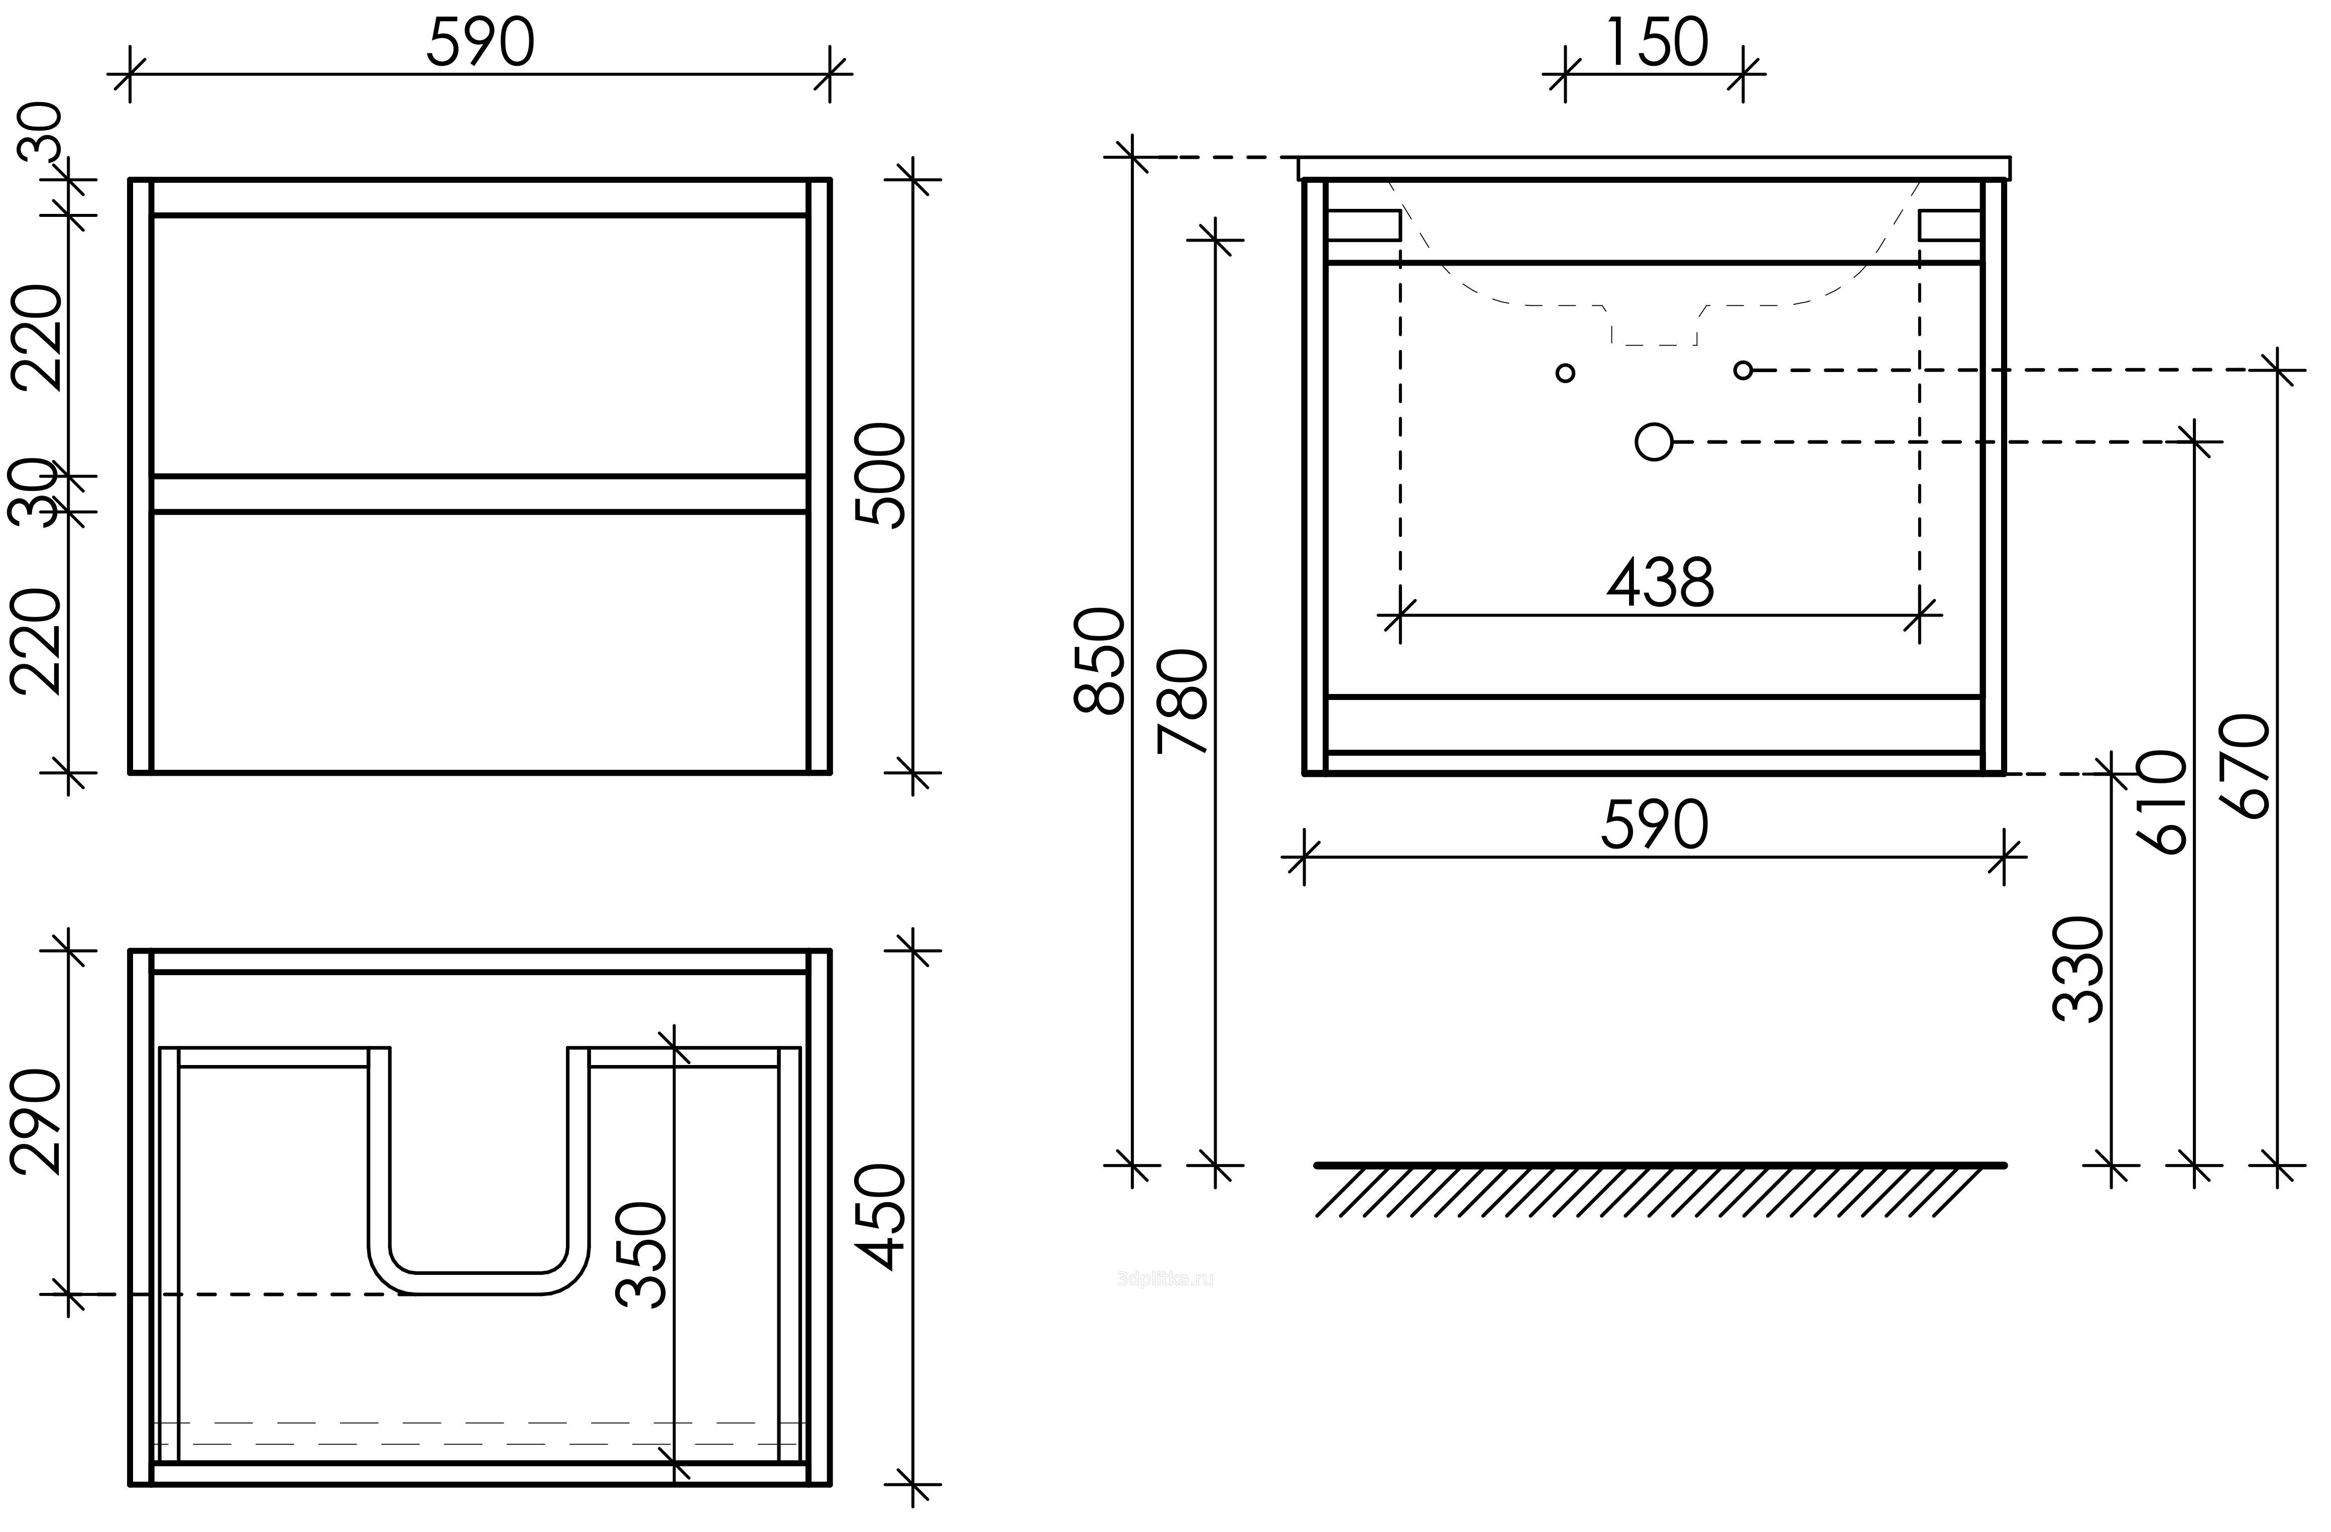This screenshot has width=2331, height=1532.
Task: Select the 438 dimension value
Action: pyautogui.click(x=1660, y=583)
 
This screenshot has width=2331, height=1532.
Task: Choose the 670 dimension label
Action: pyautogui.click(x=2245, y=766)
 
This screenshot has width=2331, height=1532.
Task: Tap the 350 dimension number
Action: pyautogui.click(x=642, y=1255)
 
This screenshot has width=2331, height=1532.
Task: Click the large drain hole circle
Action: pyautogui.click(x=1654, y=442)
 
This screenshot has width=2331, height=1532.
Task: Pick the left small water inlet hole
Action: pyautogui.click(x=1565, y=372)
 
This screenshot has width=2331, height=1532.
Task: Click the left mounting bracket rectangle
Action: pyautogui.click(x=1363, y=225)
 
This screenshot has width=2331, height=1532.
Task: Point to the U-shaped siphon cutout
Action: pyautogui.click(x=480, y=1283)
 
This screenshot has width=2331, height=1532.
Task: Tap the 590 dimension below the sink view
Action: pyautogui.click(x=1654, y=825)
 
